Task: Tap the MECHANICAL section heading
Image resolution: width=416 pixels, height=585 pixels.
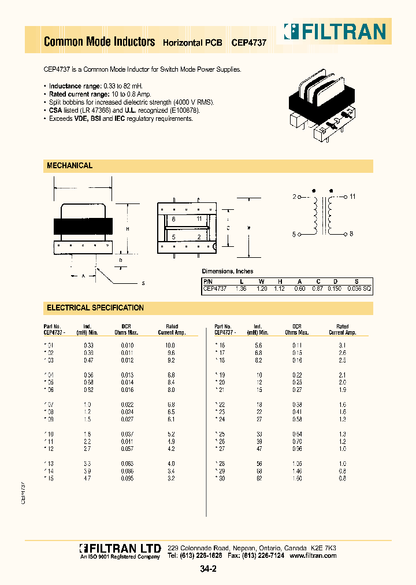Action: click(69, 166)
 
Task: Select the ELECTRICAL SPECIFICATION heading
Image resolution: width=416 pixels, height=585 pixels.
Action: click(95, 308)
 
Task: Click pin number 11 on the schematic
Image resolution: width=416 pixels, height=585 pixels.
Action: click(352, 197)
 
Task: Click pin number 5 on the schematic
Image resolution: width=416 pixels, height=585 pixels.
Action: click(294, 234)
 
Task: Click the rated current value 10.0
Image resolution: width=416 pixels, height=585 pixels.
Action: click(171, 345)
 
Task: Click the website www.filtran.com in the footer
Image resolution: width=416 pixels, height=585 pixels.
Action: click(313, 556)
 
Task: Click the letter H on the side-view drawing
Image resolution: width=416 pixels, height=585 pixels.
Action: click(127, 229)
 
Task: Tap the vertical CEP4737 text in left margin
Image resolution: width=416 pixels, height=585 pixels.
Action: click(24, 492)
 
